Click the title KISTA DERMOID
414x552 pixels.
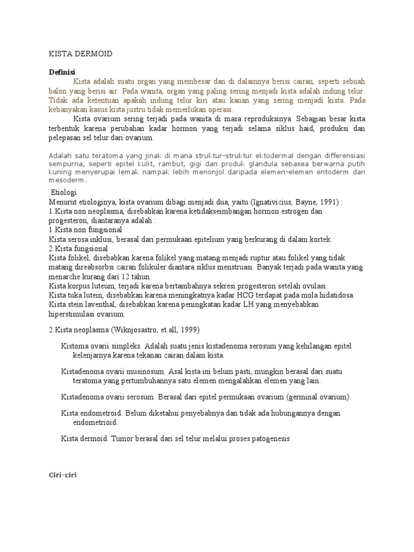(x=80, y=54)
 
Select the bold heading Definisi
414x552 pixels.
(x=62, y=72)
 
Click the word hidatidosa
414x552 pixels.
(x=332, y=295)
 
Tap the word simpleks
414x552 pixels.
(x=122, y=346)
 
